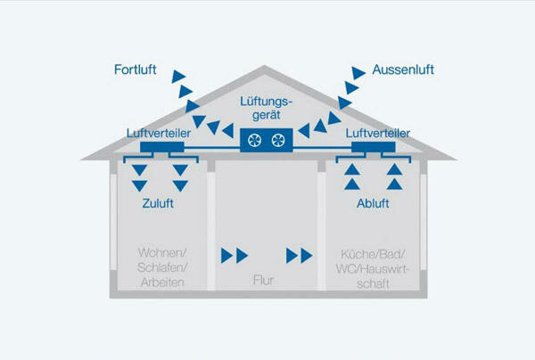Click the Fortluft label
pyautogui.click(x=138, y=69)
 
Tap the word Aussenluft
pyautogui.click(x=404, y=69)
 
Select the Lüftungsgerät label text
pyautogui.click(x=266, y=110)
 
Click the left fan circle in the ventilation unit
pyautogui.click(x=255, y=140)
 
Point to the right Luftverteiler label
pyautogui.click(x=376, y=134)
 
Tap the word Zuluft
pyautogui.click(x=158, y=203)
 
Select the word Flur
pyautogui.click(x=263, y=282)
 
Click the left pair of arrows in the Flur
pyautogui.click(x=234, y=256)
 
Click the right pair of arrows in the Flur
pyautogui.click(x=300, y=256)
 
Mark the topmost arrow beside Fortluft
pyautogui.click(x=178, y=75)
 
